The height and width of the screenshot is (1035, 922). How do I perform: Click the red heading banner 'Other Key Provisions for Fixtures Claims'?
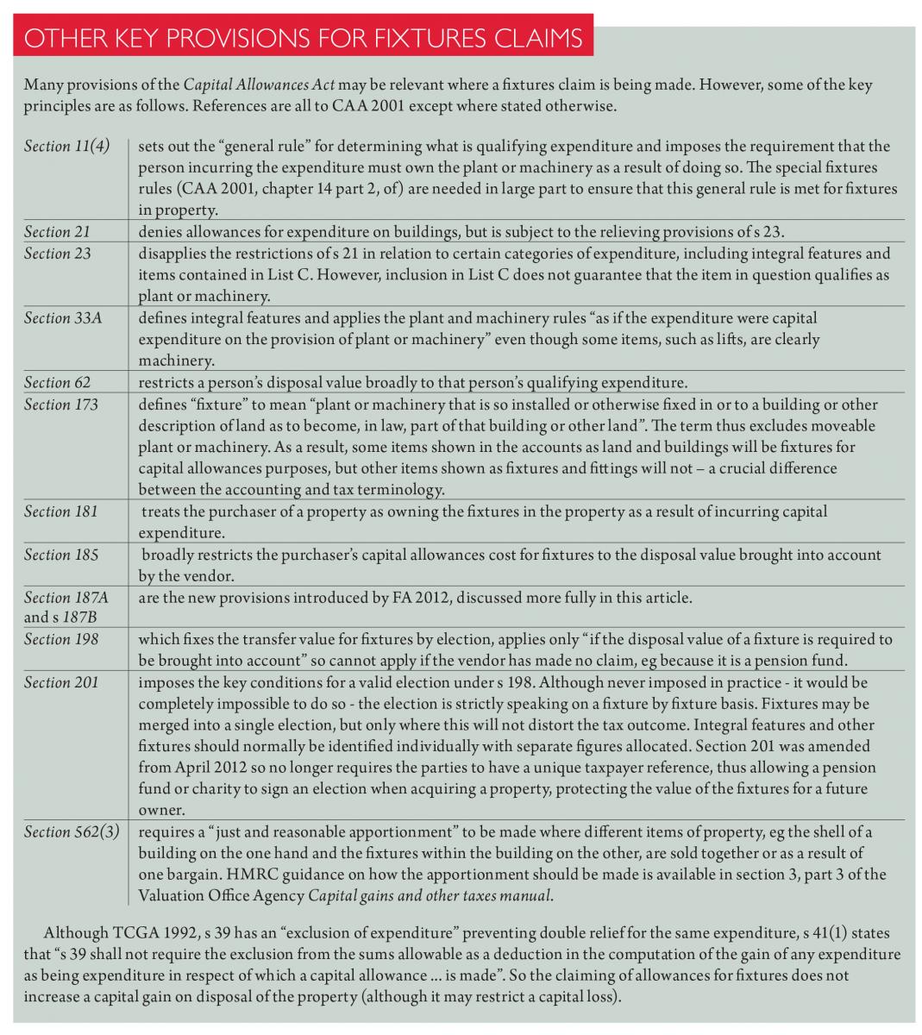click(x=304, y=40)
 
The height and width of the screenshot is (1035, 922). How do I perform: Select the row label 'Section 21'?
click(x=57, y=231)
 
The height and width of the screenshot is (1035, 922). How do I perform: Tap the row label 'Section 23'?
click(x=57, y=253)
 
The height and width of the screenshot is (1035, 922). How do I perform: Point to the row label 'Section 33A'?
click(x=63, y=317)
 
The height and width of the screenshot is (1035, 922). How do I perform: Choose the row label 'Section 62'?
click(x=57, y=382)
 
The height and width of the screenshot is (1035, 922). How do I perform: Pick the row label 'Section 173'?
click(x=60, y=404)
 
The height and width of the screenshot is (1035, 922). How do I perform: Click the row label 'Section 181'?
click(x=60, y=511)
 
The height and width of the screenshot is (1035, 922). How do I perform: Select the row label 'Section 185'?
click(x=60, y=555)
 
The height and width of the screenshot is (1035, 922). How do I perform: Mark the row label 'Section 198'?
click(x=60, y=639)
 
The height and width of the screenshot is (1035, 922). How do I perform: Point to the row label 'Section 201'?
click(x=60, y=682)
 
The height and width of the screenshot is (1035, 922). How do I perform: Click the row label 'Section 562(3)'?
click(x=72, y=831)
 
